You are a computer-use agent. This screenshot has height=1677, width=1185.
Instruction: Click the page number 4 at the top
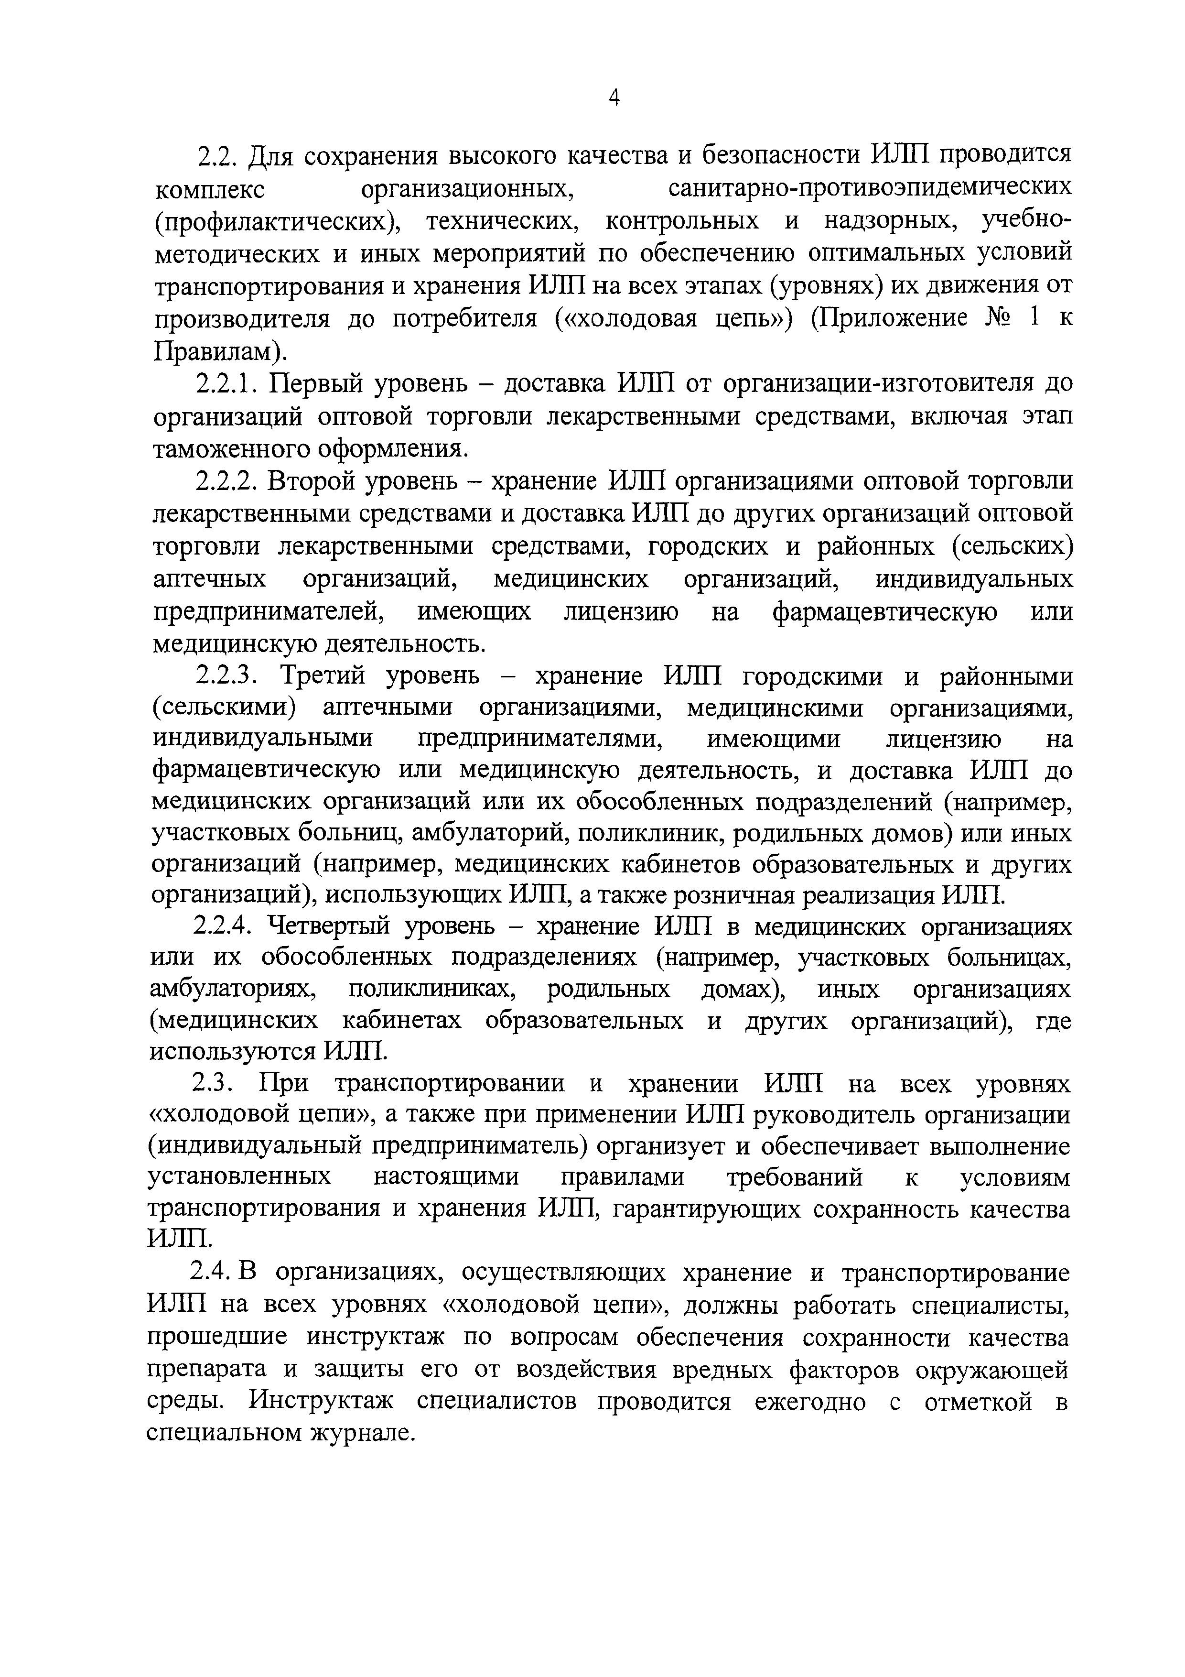coord(614,97)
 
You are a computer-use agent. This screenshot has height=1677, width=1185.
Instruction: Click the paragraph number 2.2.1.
coord(226,383)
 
